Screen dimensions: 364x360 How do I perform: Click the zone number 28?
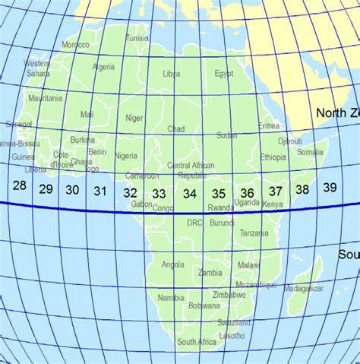20,186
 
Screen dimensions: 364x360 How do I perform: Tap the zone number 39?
330,187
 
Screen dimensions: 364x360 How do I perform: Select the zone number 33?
159,194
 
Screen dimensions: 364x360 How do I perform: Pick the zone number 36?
247,193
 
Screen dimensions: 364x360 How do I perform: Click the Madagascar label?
303,289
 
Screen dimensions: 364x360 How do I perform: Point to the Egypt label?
224,74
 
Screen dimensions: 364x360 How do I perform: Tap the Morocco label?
75,45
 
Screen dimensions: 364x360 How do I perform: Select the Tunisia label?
137,37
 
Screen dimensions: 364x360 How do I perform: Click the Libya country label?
172,74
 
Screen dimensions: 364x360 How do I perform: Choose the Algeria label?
103,67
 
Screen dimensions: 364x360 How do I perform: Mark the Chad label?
176,129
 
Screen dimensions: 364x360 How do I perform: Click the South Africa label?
197,343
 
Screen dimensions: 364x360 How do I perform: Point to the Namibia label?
170,298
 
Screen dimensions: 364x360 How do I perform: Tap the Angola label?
173,265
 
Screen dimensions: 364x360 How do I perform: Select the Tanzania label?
254,233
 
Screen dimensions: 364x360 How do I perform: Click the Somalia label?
310,152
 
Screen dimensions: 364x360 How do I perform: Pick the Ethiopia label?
273,157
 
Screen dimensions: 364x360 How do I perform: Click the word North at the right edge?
331,113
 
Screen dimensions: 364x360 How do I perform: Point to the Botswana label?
204,305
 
